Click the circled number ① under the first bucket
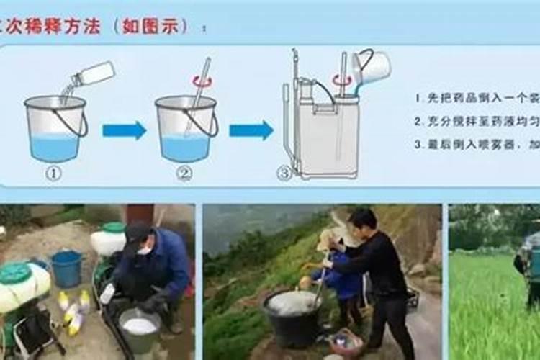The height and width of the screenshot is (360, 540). point(55,174)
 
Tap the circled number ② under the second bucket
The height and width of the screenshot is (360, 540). point(185,174)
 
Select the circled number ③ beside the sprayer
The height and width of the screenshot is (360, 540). point(285,174)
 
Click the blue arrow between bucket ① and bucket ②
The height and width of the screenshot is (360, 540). point(124,130)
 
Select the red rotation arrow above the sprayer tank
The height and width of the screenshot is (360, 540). point(338,79)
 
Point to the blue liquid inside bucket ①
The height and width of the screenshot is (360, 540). point(55,147)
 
